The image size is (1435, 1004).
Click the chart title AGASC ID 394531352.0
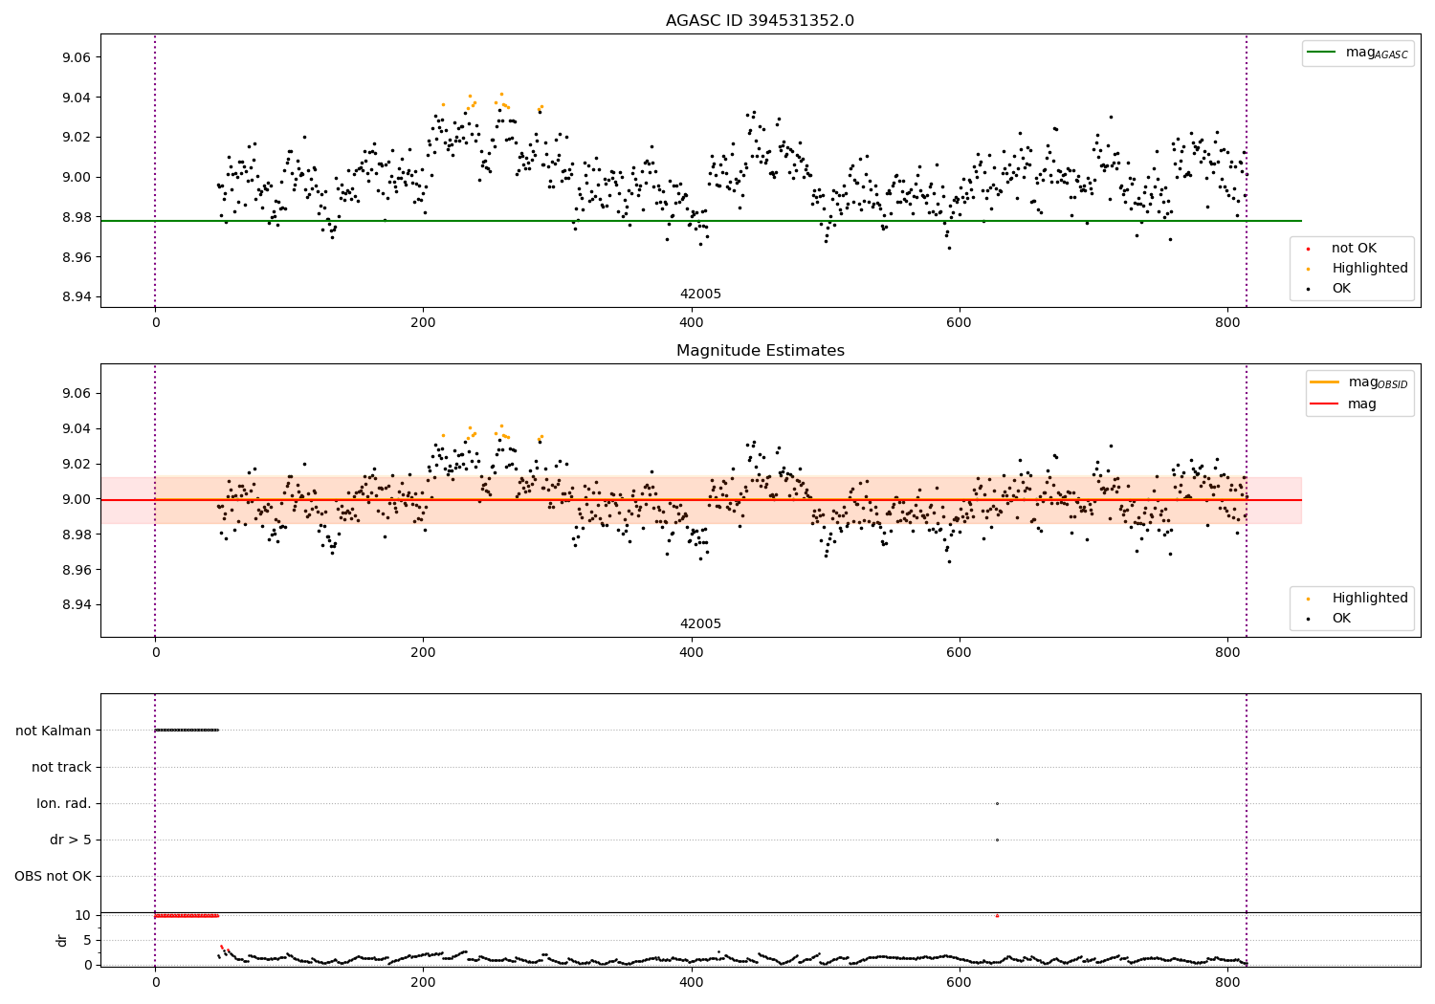pos(760,21)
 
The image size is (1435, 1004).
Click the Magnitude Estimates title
pos(760,351)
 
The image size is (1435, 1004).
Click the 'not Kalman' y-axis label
pos(54,731)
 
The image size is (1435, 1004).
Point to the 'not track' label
pos(61,767)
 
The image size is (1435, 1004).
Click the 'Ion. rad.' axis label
pos(64,803)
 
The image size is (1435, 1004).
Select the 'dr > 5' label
pos(71,840)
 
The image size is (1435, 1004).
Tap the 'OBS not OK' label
pos(53,876)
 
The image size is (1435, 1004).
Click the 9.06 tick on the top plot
pos(75,57)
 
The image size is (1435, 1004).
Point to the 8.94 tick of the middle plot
pos(75,604)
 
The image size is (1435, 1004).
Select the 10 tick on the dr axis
pos(82,915)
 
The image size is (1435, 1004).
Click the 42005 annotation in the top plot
pos(700,295)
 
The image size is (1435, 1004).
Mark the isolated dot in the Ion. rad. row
pos(997,803)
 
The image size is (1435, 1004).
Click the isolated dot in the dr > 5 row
pos(997,840)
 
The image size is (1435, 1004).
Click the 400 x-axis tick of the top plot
pos(691,322)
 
